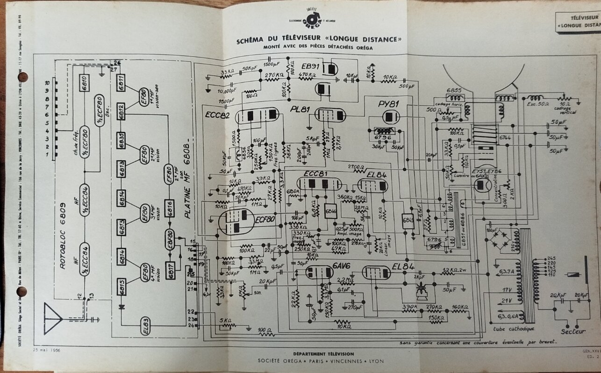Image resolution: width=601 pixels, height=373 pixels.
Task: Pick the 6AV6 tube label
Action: click(342, 265)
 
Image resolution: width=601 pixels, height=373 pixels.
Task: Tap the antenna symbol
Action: click(53, 318)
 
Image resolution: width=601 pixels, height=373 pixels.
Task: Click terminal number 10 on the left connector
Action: click(47, 82)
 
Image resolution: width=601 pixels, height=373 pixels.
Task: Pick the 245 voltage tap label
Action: click(551, 258)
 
